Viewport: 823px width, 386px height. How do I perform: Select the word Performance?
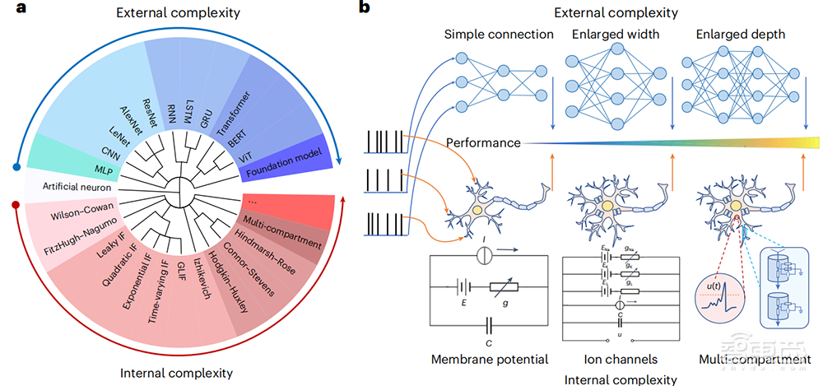pos(483,142)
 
